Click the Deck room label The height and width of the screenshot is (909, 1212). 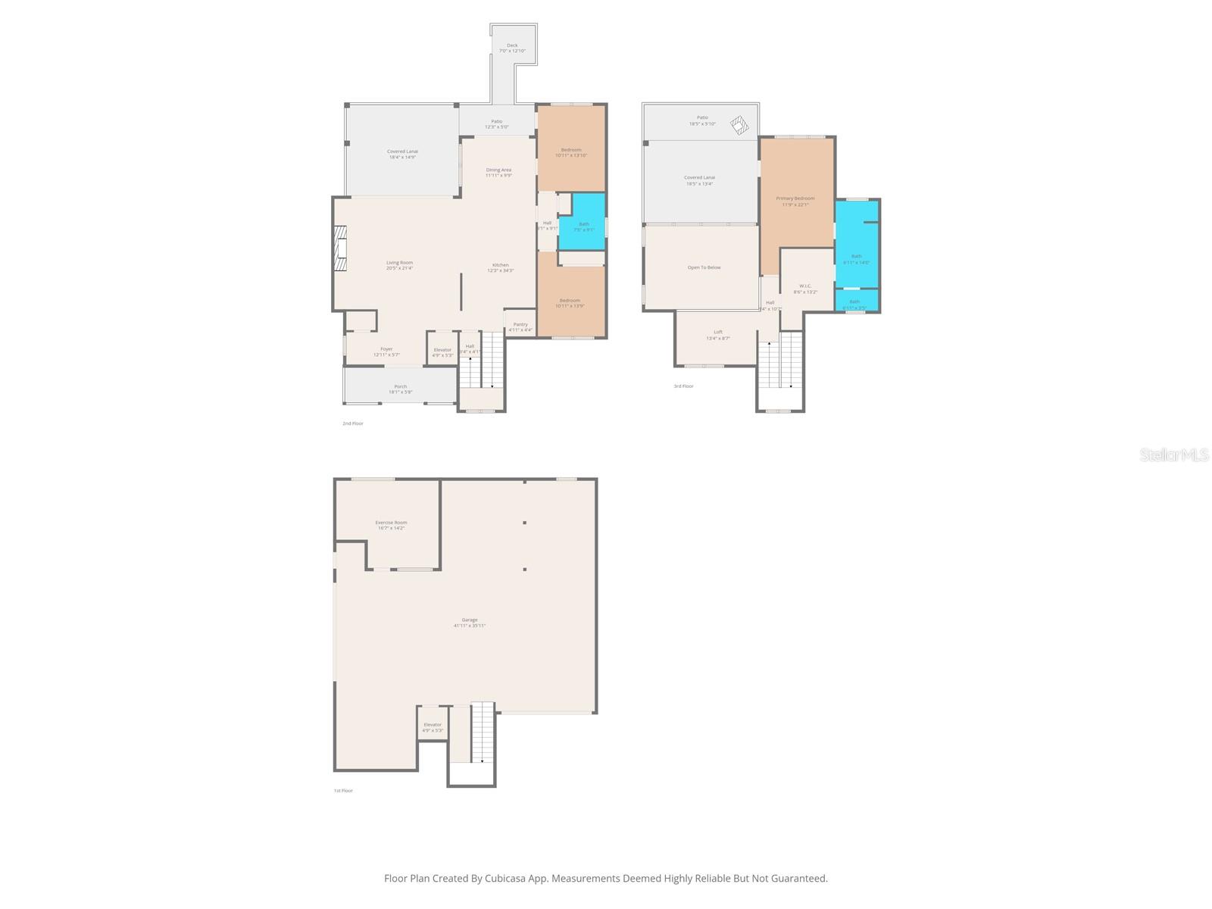point(513,45)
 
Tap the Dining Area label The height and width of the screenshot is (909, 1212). point(498,170)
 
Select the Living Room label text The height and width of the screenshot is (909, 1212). point(399,263)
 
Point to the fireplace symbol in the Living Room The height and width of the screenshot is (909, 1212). point(341,248)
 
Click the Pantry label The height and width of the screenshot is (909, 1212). point(520,324)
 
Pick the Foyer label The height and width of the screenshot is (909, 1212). point(386,349)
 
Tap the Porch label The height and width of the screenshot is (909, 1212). point(400,386)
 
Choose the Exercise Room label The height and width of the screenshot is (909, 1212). point(391,523)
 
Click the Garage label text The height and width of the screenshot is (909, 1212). point(470,620)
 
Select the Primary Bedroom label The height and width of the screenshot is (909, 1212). point(795,198)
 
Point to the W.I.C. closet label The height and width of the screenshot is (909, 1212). point(804,286)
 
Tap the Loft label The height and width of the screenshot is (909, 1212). point(718,332)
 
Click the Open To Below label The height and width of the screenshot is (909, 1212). point(704,267)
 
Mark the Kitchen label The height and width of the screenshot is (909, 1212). point(501,265)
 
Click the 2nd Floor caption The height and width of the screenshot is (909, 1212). point(353,423)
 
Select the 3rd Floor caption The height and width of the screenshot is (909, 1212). point(683,386)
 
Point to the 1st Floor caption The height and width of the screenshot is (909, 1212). point(343,791)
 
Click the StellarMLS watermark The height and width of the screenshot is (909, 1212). point(1175,454)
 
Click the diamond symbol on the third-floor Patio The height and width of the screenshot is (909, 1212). point(738,123)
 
